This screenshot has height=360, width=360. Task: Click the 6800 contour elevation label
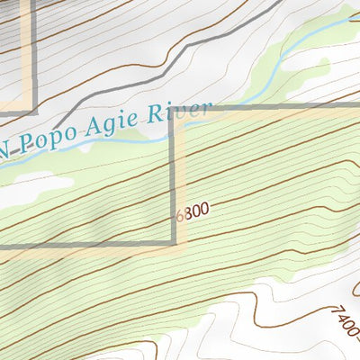coord(193,211)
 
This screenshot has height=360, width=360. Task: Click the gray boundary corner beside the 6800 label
coord(175,242)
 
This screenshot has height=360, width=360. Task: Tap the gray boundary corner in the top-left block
coord(34,112)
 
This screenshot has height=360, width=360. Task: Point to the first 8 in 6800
coord(188,211)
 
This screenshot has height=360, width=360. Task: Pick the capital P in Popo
coord(25,144)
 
